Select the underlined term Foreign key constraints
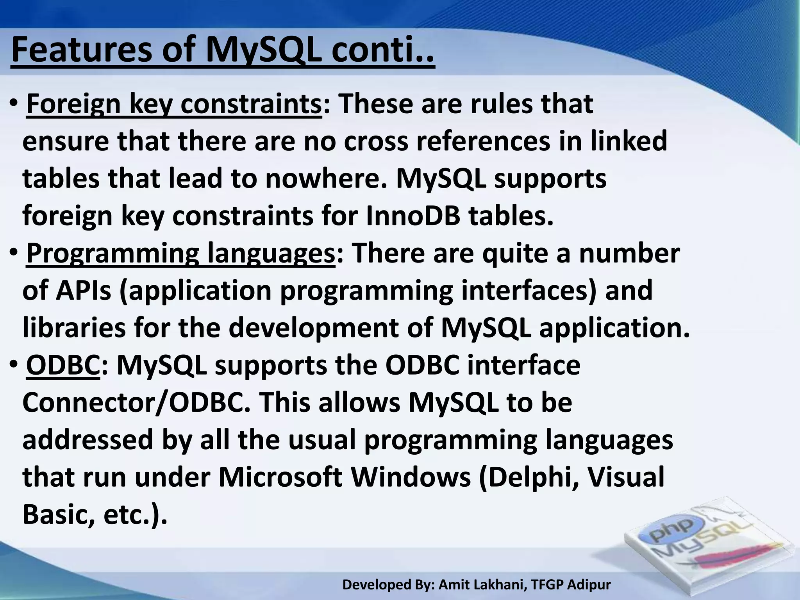(x=174, y=104)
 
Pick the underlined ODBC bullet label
(x=63, y=366)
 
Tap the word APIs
(x=83, y=291)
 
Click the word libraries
(x=74, y=328)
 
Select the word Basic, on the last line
(x=59, y=515)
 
